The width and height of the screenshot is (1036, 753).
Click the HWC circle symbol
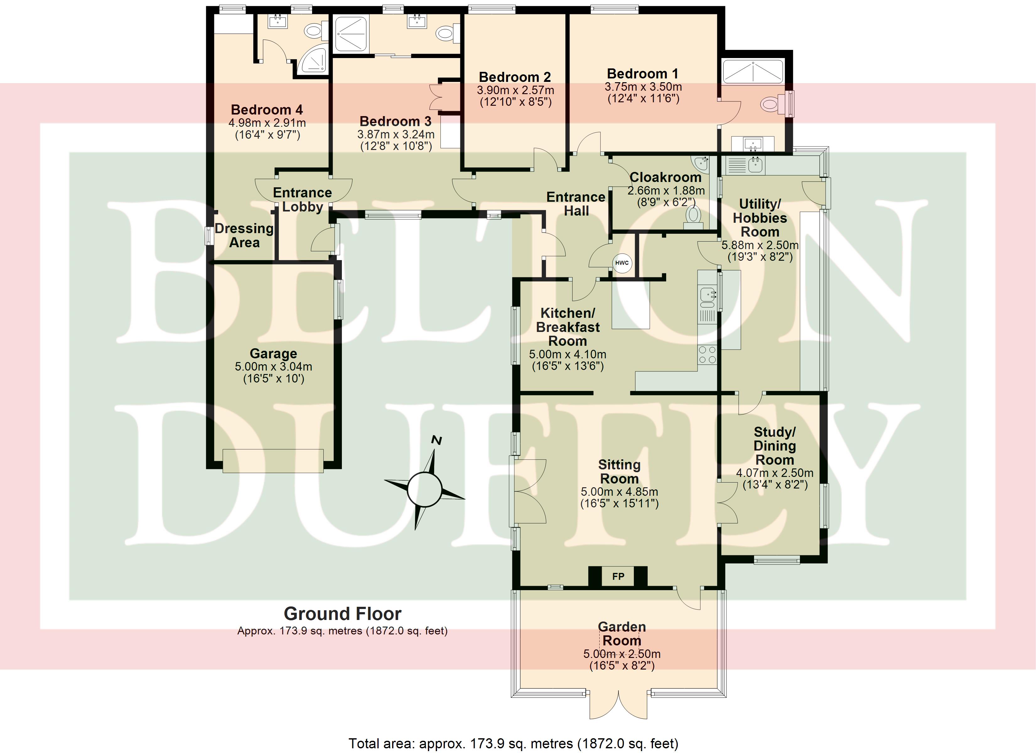point(622,263)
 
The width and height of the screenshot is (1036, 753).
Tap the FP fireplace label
point(618,576)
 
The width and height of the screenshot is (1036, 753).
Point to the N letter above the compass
point(437,441)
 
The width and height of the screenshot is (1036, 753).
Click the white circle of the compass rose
point(424,490)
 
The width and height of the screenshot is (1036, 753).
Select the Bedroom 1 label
point(642,73)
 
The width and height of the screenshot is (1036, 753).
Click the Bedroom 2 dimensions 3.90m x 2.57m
point(515,90)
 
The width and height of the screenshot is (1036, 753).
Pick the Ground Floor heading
point(343,614)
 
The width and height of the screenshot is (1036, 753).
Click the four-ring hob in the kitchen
point(707,355)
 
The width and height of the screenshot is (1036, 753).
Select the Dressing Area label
point(244,235)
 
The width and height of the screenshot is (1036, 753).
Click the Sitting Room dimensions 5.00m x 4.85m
point(619,492)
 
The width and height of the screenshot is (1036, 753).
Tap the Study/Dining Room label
point(775,446)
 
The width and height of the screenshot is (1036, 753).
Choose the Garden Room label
point(622,633)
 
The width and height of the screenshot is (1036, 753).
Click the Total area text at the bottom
point(513,743)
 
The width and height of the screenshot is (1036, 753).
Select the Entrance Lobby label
point(302,200)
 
